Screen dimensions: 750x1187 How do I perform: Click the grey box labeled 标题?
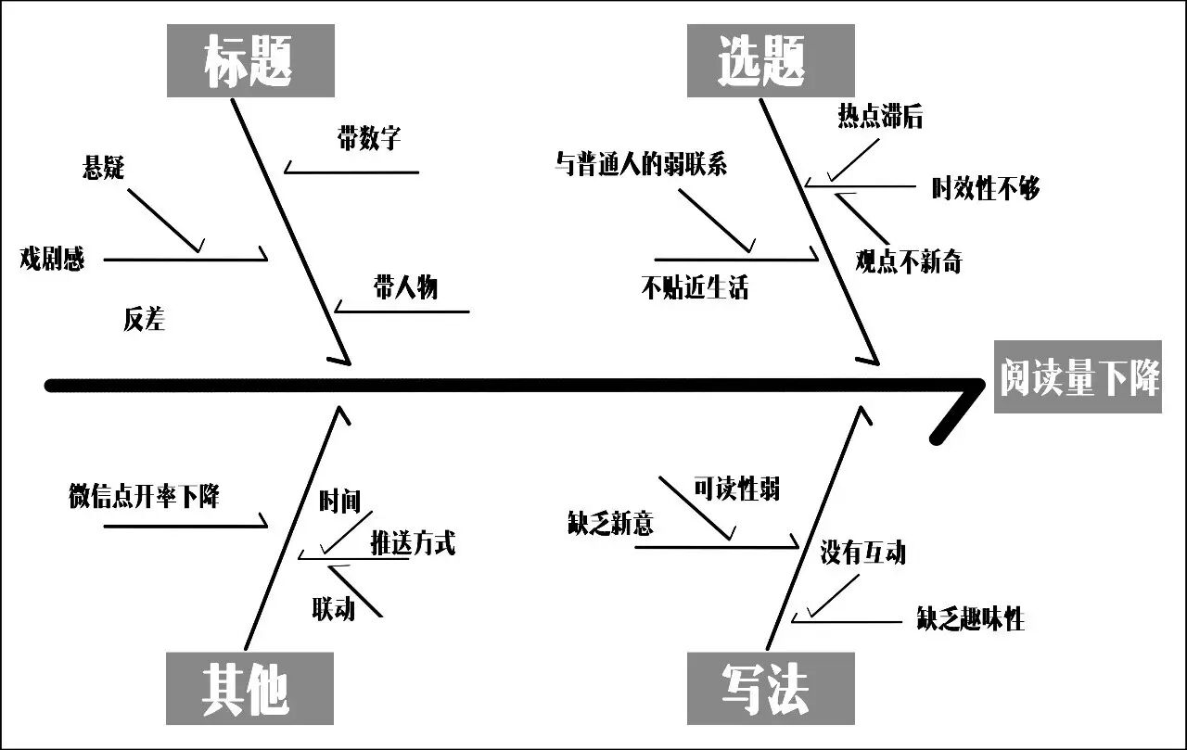(x=249, y=60)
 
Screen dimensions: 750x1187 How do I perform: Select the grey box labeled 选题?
(x=770, y=60)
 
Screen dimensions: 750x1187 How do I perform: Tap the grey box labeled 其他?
(x=249, y=689)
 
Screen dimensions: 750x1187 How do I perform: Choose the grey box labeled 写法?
(x=770, y=689)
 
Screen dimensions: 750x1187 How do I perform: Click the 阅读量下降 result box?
(x=1079, y=377)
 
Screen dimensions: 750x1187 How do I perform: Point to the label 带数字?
(x=369, y=139)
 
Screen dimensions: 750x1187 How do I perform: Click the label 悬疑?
(x=104, y=168)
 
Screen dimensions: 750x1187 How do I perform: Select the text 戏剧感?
(x=53, y=259)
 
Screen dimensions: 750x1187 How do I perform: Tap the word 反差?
(x=144, y=320)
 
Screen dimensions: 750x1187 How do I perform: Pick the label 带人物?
(x=405, y=286)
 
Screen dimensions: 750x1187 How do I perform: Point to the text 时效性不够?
(x=986, y=189)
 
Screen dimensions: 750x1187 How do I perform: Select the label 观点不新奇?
(x=909, y=262)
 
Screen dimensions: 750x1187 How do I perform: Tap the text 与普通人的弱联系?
(x=641, y=165)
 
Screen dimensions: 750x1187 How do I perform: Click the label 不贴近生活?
(x=695, y=287)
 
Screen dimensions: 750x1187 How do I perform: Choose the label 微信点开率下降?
(x=144, y=496)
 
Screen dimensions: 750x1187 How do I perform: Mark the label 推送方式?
(x=413, y=542)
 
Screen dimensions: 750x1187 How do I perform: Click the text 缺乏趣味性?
(x=971, y=619)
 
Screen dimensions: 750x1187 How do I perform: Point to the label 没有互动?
(x=862, y=553)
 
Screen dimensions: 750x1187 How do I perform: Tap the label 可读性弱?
(x=736, y=489)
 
